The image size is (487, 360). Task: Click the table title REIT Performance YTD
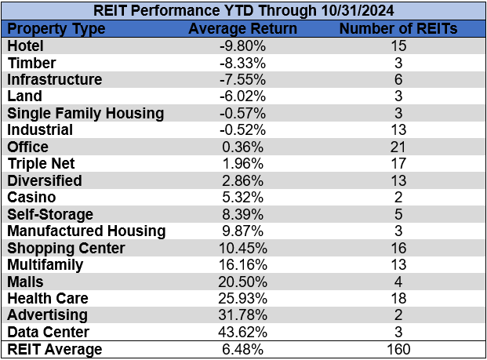[x=243, y=12]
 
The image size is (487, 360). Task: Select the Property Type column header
[x=60, y=29]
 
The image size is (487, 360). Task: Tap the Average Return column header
[x=243, y=29]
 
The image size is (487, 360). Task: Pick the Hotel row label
[x=24, y=46]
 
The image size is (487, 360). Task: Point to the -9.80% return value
[x=243, y=46]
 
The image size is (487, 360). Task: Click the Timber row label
[x=29, y=63]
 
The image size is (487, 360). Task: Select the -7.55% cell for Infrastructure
[x=243, y=80]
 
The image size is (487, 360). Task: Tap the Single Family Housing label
[x=85, y=114]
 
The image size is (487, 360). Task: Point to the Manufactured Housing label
[x=86, y=231]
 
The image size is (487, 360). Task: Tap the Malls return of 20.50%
[x=243, y=281]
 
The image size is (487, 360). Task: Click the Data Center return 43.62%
[x=243, y=331]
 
